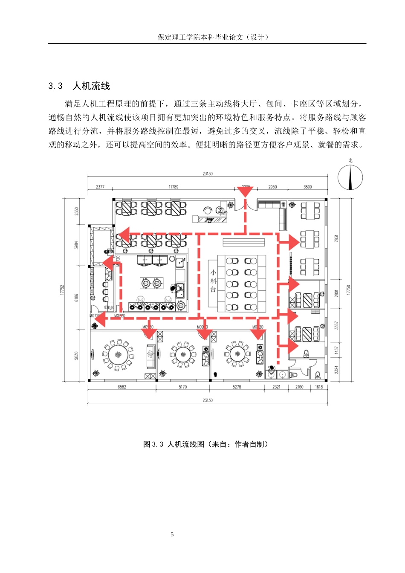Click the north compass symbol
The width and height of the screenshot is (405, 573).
pyautogui.click(x=350, y=177)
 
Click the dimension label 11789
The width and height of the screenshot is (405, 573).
pyautogui.click(x=174, y=187)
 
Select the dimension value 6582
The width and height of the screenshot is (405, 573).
pyautogui.click(x=122, y=387)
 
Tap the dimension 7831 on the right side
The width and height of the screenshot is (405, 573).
pyautogui.click(x=336, y=239)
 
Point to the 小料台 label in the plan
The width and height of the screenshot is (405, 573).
pyautogui.click(x=213, y=281)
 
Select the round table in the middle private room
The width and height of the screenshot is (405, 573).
pyautogui.click(x=183, y=354)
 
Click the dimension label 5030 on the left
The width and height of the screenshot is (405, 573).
pyautogui.click(x=77, y=355)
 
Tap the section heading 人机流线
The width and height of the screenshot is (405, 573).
pyautogui.click(x=91, y=86)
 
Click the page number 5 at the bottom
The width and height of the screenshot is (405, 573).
pyautogui.click(x=172, y=534)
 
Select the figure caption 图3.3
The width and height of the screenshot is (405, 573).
pyautogui.click(x=153, y=444)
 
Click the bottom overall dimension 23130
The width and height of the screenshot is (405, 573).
pyautogui.click(x=208, y=400)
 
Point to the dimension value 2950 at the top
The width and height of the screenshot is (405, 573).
pyautogui.click(x=272, y=187)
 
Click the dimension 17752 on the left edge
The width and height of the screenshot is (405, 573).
pyautogui.click(x=62, y=289)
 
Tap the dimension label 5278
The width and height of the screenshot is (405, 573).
pyautogui.click(x=237, y=387)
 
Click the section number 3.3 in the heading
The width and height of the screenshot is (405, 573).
pyautogui.click(x=55, y=86)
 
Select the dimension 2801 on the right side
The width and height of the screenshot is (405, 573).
pyautogui.click(x=336, y=294)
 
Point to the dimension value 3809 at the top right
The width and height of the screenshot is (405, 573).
pyautogui.click(x=307, y=187)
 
